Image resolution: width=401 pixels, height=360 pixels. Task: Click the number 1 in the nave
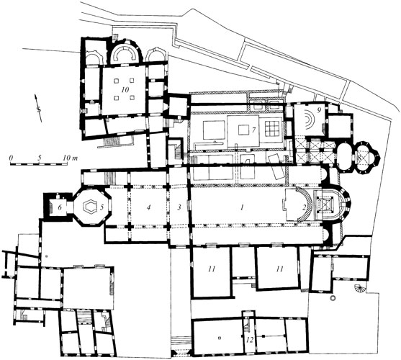tap(242, 207)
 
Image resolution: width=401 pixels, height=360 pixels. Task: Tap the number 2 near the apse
tap(304, 207)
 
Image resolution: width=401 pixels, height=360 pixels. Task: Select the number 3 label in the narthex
tap(179, 207)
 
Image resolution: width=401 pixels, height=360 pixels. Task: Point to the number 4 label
tap(148, 207)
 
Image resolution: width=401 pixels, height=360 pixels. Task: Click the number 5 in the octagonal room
tap(102, 207)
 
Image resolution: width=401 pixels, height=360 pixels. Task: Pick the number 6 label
tap(60, 207)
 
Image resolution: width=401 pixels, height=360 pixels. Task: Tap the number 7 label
tap(253, 130)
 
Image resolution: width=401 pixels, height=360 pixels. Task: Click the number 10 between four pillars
tap(125, 89)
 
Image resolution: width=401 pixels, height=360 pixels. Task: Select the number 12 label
tap(250, 340)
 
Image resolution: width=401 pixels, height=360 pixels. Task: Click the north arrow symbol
tap(38, 108)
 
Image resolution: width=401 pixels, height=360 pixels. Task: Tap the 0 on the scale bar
tap(11, 158)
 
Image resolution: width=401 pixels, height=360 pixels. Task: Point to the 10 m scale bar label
tap(70, 158)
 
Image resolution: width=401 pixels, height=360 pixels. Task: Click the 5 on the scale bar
tap(39, 158)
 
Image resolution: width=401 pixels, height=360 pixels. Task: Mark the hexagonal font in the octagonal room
tap(89, 206)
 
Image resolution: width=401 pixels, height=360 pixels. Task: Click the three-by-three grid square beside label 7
tap(273, 128)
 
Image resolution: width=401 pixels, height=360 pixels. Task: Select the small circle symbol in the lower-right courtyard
tap(333, 297)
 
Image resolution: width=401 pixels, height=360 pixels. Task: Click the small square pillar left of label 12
tap(219, 338)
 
